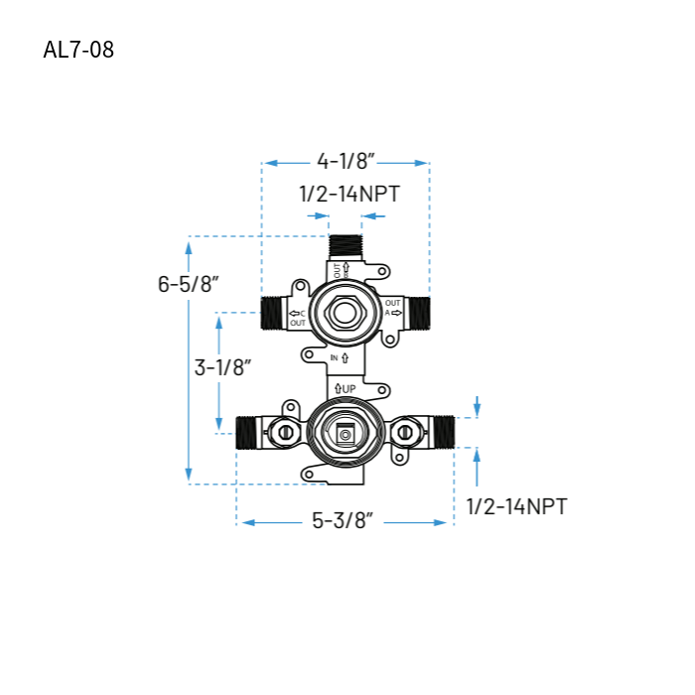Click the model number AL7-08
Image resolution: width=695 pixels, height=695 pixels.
pyautogui.click(x=78, y=50)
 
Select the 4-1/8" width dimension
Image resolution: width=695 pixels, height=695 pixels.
pyautogui.click(x=345, y=162)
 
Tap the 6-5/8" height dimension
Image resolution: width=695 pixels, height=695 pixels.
pyautogui.click(x=188, y=283)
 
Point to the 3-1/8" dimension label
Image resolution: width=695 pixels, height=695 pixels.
pyautogui.click(x=222, y=366)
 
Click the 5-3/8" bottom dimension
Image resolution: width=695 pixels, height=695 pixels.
pyautogui.click(x=342, y=520)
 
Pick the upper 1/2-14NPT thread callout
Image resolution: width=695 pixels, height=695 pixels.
pyautogui.click(x=348, y=194)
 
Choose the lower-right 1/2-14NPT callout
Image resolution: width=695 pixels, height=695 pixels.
pyautogui.click(x=516, y=506)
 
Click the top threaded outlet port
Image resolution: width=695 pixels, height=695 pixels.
pyautogui.click(x=345, y=248)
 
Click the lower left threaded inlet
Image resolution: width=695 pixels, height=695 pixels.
pyautogui.click(x=247, y=433)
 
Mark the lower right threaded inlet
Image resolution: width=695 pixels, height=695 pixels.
pyautogui.click(x=442, y=432)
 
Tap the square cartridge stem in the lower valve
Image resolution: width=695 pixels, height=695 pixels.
pyautogui.click(x=345, y=432)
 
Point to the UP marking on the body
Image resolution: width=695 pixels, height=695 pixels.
pyautogui.click(x=345, y=387)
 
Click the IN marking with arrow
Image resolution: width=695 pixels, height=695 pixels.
pyautogui.click(x=339, y=356)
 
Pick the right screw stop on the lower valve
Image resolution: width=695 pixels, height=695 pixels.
pyautogui.click(x=404, y=432)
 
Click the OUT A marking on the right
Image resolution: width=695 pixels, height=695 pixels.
pyautogui.click(x=393, y=308)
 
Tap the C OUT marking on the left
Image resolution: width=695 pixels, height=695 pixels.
pyautogui.click(x=297, y=319)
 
